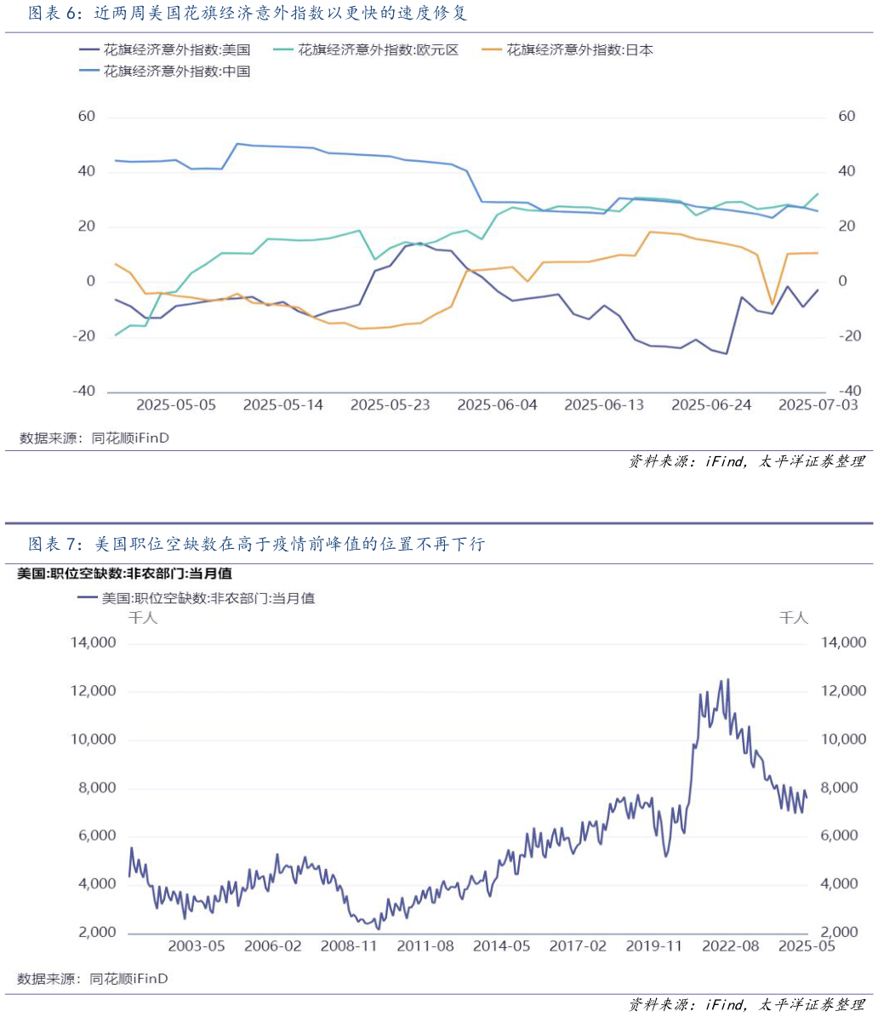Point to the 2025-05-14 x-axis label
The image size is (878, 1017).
[283, 405]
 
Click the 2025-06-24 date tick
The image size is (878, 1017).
[711, 405]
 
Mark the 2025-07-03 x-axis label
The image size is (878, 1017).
[818, 405]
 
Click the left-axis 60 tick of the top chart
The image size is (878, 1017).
[86, 117]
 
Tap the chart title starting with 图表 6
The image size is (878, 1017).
[248, 14]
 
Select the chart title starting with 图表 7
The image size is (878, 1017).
[256, 544]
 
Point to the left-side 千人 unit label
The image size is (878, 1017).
[143, 618]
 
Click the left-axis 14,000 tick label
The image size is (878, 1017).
[91, 643]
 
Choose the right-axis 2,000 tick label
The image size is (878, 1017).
[844, 933]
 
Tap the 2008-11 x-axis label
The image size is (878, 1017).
[349, 946]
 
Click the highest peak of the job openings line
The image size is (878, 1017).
[727, 679]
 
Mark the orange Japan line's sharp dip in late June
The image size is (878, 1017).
[773, 304]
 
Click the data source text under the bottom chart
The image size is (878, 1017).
[93, 979]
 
